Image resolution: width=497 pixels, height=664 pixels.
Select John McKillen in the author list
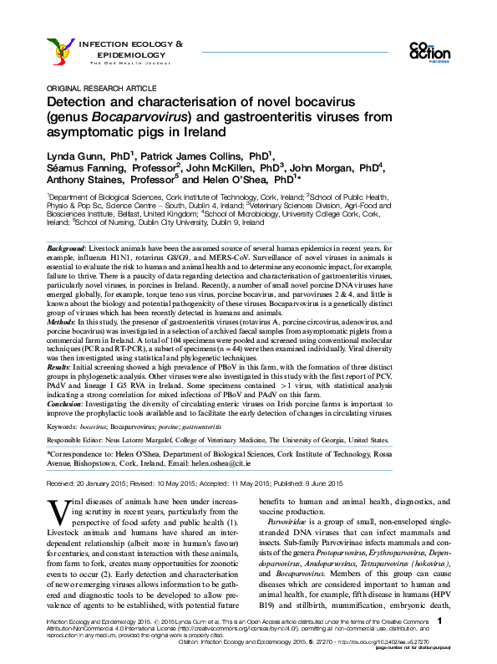click(221, 166)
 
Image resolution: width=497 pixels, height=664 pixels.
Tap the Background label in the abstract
click(67, 250)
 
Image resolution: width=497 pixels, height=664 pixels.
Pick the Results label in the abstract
click(62, 367)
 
